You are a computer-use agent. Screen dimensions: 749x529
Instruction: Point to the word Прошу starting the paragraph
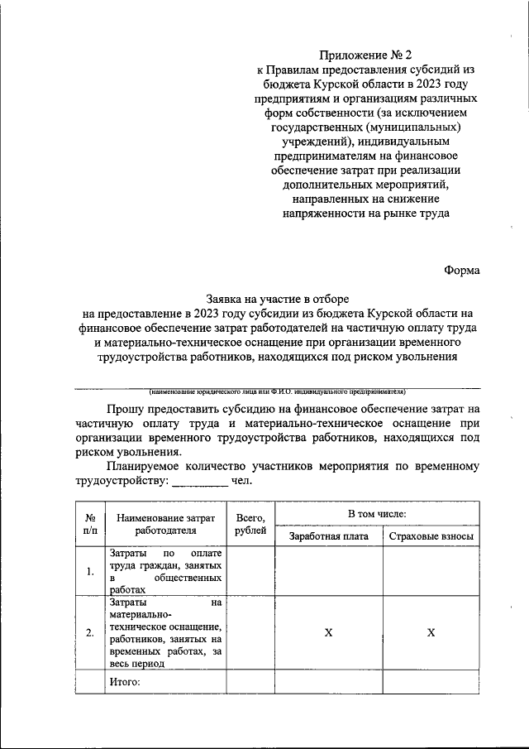[x=126, y=408]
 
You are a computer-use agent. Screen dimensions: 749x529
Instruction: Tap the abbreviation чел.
[x=242, y=481]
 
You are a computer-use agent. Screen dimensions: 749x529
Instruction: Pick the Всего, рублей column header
[x=250, y=525]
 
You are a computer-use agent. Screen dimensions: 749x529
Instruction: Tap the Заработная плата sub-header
[x=328, y=536]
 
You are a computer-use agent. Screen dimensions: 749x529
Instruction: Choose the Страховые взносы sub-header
[x=431, y=536]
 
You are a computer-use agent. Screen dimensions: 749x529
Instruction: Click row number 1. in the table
[x=90, y=571]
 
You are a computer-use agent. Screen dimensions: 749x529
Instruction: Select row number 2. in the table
[x=90, y=633]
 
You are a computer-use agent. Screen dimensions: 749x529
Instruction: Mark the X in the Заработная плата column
[x=328, y=633]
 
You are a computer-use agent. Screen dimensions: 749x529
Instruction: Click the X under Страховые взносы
[x=431, y=633]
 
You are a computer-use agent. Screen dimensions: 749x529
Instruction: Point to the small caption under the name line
[x=276, y=391]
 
